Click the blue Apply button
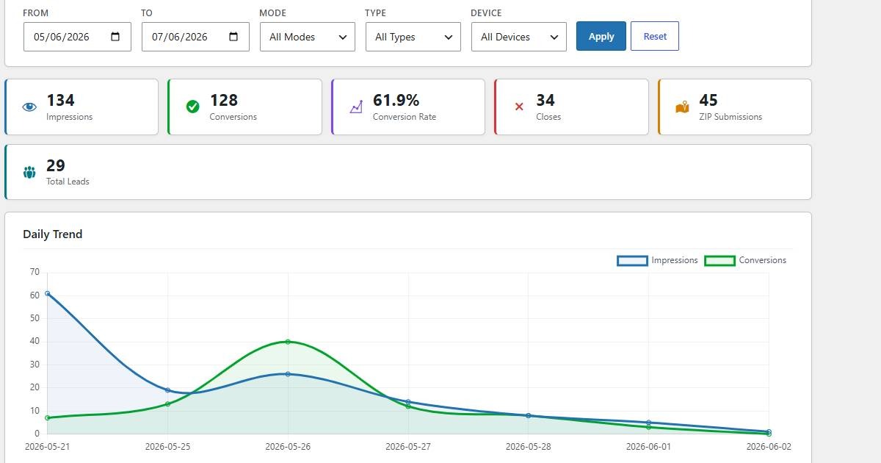pyautogui.click(x=601, y=36)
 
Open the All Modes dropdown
pyautogui.click(x=307, y=37)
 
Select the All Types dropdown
pyautogui.click(x=413, y=37)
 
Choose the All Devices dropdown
pyautogui.click(x=519, y=37)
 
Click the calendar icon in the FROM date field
pyautogui.click(x=115, y=37)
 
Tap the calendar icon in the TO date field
pyautogui.click(x=233, y=37)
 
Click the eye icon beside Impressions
pyautogui.click(x=29, y=107)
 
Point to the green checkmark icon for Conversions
pyautogui.click(x=192, y=107)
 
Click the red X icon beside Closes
pyautogui.click(x=519, y=107)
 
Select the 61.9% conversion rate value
pyautogui.click(x=396, y=101)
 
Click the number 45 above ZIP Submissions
pyautogui.click(x=708, y=101)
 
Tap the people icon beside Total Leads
pyautogui.click(x=29, y=172)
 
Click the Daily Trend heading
pyautogui.click(x=53, y=234)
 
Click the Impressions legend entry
pyautogui.click(x=657, y=261)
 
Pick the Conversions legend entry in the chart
pyautogui.click(x=745, y=261)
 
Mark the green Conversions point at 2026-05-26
pyautogui.click(x=288, y=342)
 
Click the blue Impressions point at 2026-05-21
pyautogui.click(x=48, y=293)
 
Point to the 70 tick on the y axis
pyautogui.click(x=35, y=272)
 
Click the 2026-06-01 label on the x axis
pyautogui.click(x=648, y=447)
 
